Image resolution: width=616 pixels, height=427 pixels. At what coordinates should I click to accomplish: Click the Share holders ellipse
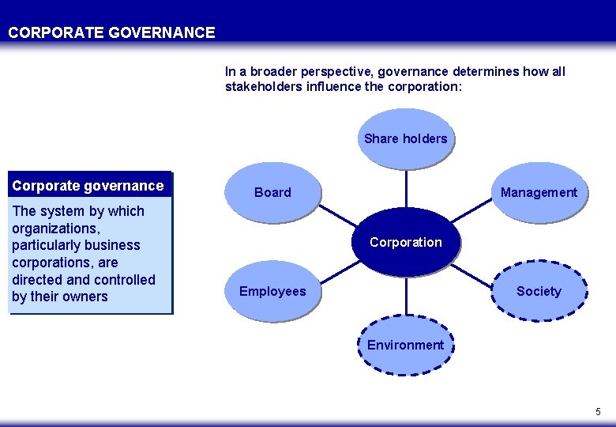coord(405,139)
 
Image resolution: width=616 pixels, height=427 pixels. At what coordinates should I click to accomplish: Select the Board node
coord(272,192)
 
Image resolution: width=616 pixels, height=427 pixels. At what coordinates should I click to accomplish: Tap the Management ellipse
coord(539,192)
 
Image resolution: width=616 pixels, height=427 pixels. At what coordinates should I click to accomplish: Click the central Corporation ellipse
coord(405,242)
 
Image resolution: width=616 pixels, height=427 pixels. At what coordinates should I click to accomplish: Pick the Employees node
coord(272,291)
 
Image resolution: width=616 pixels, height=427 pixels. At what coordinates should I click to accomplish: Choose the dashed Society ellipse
coord(539,291)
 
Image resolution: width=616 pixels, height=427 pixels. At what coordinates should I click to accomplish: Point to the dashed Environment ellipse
coord(405,346)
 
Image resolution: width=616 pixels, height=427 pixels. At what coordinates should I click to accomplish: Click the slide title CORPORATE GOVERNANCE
coord(111,32)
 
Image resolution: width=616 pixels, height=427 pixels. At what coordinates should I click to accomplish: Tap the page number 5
coord(598,412)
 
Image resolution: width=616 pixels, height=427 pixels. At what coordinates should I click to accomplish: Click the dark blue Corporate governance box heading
coord(88,186)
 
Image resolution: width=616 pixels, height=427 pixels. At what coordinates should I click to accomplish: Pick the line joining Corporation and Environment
coord(406,297)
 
